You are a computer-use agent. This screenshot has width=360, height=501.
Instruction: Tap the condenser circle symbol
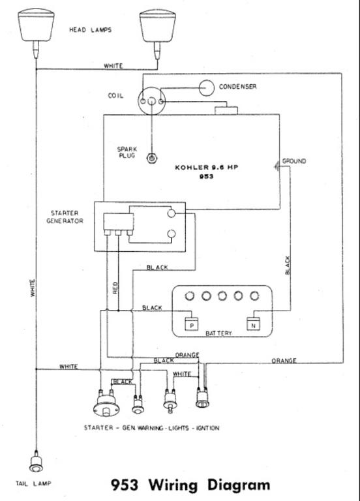(206, 87)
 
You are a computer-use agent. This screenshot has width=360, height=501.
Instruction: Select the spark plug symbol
(152, 158)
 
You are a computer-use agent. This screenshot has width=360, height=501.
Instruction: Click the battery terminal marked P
(192, 324)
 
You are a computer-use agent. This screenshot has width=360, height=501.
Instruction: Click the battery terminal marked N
(253, 324)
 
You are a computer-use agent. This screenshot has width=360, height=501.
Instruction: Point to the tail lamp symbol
(36, 462)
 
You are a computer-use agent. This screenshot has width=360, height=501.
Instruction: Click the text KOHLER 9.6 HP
(206, 167)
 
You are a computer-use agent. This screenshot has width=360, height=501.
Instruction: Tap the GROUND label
(294, 161)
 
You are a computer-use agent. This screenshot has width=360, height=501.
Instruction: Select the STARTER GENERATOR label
(65, 217)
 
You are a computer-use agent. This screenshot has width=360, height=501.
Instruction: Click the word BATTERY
(218, 333)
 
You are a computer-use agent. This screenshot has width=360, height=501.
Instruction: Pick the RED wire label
(115, 288)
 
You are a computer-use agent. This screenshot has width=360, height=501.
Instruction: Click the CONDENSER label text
(237, 87)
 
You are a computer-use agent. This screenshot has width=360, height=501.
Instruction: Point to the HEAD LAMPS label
(91, 30)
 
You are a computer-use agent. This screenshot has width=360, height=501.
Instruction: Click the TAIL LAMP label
(33, 483)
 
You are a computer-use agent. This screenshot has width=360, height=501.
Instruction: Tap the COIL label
(115, 95)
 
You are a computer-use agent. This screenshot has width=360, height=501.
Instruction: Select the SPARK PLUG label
(127, 153)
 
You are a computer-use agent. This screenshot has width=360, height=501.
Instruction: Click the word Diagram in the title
(239, 485)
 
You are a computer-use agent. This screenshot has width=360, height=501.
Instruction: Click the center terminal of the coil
(152, 101)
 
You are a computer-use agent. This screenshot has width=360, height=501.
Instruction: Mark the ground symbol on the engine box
(277, 166)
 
